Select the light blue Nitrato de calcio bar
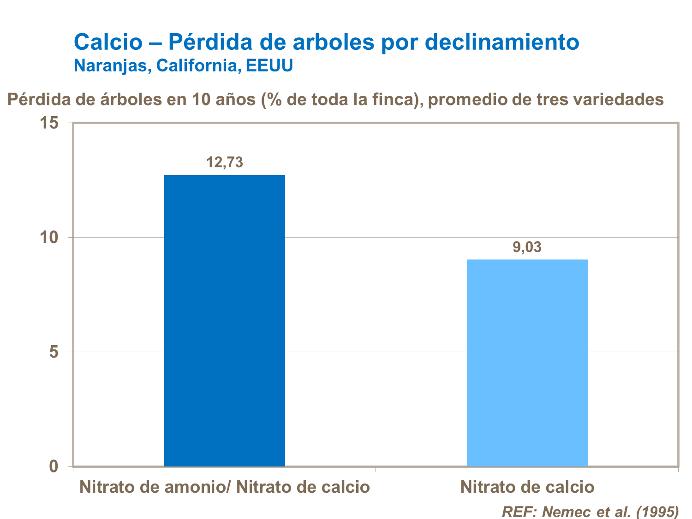[x=527, y=363]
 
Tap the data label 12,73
[x=224, y=163]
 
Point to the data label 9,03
[x=527, y=248]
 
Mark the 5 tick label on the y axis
[x=54, y=352]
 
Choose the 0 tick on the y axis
[x=54, y=466]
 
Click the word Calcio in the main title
[x=108, y=42]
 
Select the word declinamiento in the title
[x=502, y=42]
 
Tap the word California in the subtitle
[x=198, y=66]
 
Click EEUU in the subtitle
[x=269, y=66]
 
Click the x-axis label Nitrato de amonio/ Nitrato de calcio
[x=224, y=487]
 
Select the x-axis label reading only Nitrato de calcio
[x=527, y=487]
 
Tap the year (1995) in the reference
[x=657, y=512]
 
